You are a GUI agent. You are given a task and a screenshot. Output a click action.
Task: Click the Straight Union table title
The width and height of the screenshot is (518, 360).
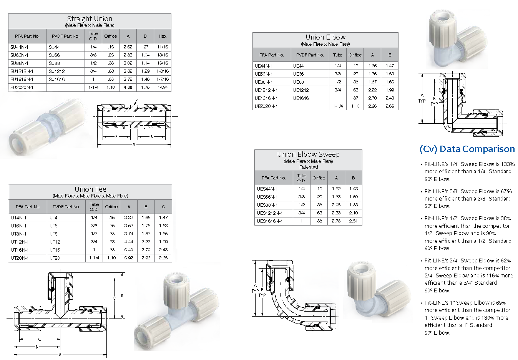pos(90,19)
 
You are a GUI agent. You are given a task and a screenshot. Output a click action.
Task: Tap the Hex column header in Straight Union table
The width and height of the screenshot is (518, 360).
pos(162,36)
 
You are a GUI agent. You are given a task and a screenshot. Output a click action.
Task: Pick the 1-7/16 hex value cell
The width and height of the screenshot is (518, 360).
pos(163,79)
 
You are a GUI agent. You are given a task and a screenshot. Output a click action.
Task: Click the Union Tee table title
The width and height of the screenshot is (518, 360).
pos(90,189)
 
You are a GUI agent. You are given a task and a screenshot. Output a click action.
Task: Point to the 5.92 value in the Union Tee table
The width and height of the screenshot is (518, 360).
pos(129,258)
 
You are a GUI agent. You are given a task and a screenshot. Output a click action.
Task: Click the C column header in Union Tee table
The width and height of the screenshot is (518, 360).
pos(163,207)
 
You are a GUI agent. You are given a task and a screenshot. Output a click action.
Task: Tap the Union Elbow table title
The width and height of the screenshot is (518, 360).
pos(325,37)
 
